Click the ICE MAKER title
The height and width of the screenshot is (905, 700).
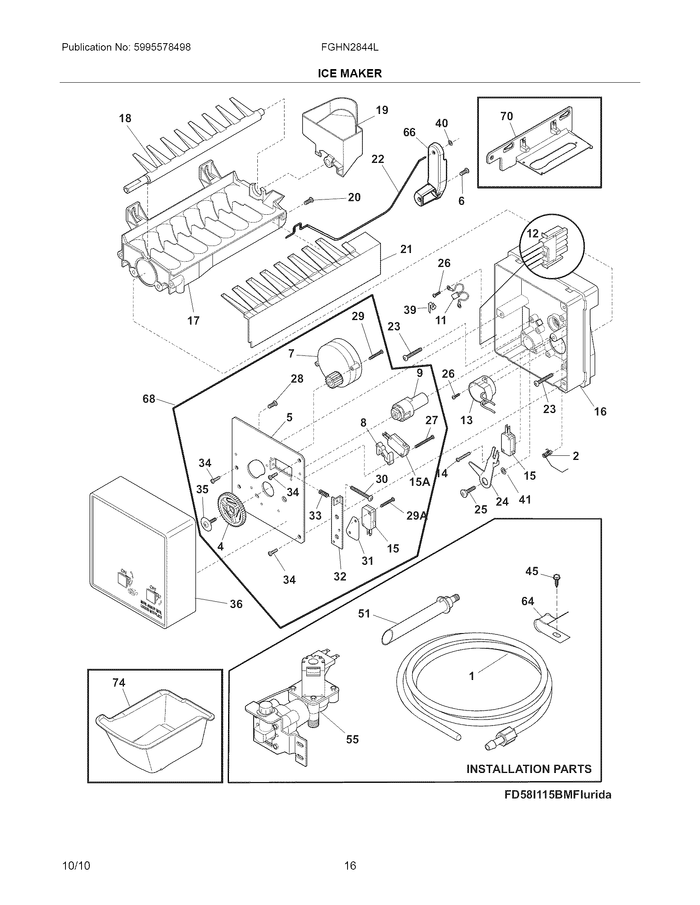[350, 74]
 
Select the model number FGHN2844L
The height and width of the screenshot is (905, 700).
[350, 47]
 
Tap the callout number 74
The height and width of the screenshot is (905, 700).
[119, 682]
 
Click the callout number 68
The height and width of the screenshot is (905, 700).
[149, 399]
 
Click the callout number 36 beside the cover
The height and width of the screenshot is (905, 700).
[236, 604]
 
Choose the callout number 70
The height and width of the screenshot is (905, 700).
[506, 116]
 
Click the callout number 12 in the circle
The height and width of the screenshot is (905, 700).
[532, 234]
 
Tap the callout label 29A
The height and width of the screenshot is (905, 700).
[416, 515]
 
